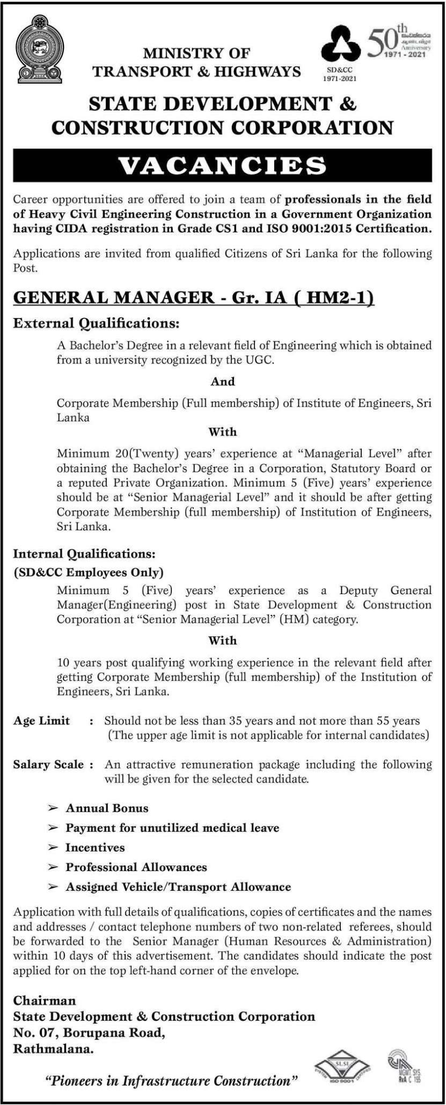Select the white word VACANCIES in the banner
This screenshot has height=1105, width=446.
222,166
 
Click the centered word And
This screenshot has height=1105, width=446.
222,381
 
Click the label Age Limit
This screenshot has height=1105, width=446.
41,720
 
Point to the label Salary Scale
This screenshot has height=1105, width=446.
48,764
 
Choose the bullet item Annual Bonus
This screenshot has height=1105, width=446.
107,808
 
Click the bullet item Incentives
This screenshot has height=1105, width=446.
95,847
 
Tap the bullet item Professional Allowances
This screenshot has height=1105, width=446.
137,867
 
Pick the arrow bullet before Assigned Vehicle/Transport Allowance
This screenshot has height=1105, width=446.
53,887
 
